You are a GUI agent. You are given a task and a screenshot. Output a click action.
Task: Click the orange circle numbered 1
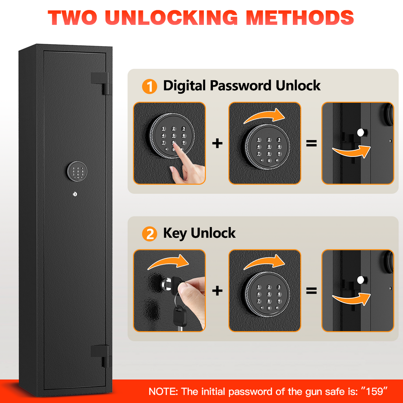150,86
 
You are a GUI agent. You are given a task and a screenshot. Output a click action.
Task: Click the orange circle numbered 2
150,234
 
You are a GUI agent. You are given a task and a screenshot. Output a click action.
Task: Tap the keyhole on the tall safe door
75,194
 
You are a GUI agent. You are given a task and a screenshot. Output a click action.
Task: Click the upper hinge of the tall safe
100,83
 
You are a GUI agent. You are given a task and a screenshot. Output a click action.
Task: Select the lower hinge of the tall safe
100,356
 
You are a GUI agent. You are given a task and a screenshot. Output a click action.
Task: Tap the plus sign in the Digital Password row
217,143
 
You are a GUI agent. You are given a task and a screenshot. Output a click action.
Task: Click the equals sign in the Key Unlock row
311,291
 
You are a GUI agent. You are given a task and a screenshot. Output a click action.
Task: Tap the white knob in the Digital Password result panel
360,132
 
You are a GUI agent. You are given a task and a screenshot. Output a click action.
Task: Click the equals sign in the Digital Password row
311,143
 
